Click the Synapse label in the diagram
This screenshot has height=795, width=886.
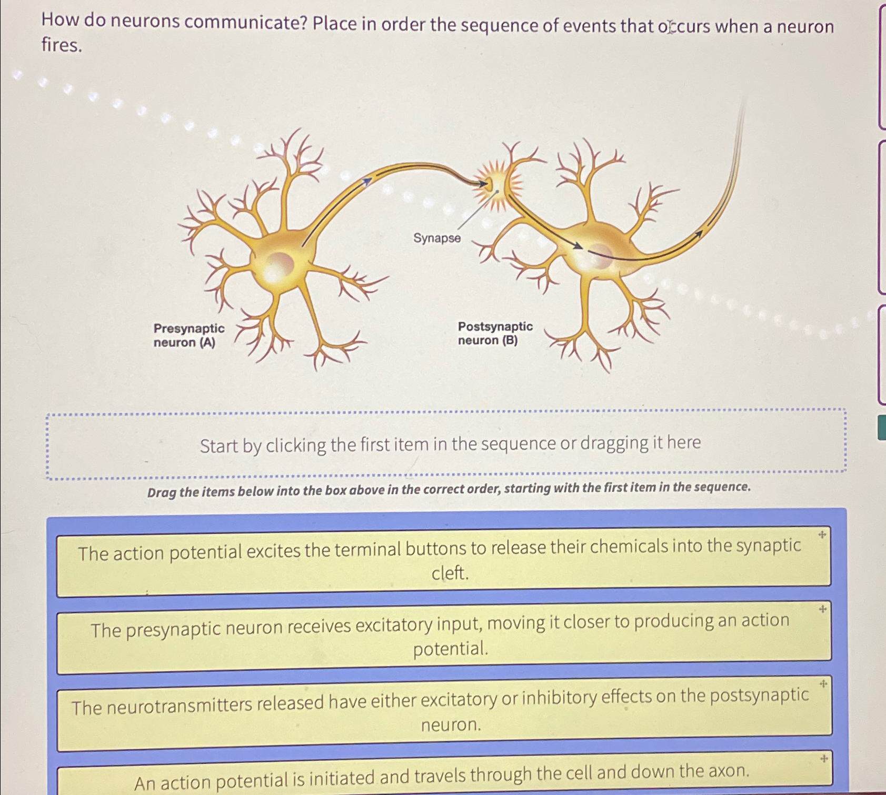tap(436, 238)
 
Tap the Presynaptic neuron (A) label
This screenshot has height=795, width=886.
tap(188, 335)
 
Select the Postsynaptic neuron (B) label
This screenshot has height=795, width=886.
tap(495, 333)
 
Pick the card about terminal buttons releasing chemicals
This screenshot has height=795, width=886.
tap(443, 560)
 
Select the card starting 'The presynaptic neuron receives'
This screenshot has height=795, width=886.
tap(443, 635)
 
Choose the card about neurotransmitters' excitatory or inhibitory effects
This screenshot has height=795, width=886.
tap(443, 711)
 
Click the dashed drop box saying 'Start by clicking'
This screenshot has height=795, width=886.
tap(446, 444)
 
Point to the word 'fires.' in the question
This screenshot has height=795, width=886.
tap(62, 46)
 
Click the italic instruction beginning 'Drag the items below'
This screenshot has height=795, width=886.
tap(449, 490)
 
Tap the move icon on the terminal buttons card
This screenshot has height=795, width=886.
tap(822, 535)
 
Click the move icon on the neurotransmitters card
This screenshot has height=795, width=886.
tap(823, 684)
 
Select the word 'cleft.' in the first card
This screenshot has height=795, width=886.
tap(450, 573)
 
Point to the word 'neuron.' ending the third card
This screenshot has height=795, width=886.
tap(451, 725)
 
